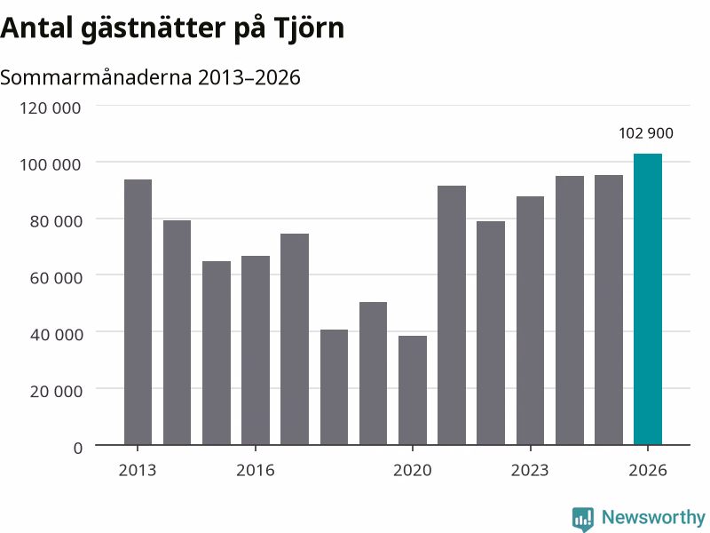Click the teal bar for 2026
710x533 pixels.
648,299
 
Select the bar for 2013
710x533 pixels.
138,313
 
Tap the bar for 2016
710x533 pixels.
256,350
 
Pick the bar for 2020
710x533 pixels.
413,390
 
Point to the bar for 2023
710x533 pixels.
530,321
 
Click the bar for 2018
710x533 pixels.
335,387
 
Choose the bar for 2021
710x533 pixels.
452,315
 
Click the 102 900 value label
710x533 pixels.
646,133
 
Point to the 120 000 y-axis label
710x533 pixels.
51,107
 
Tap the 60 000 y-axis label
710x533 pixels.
56,278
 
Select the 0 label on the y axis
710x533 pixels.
78,448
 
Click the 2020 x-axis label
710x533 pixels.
413,470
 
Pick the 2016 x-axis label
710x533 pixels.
256,470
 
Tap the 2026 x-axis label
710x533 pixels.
648,470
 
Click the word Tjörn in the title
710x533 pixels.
309,28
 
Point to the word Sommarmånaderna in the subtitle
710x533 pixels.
96,77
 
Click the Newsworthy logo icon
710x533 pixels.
583,519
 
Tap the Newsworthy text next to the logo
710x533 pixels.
653,517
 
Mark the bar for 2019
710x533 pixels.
373,373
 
